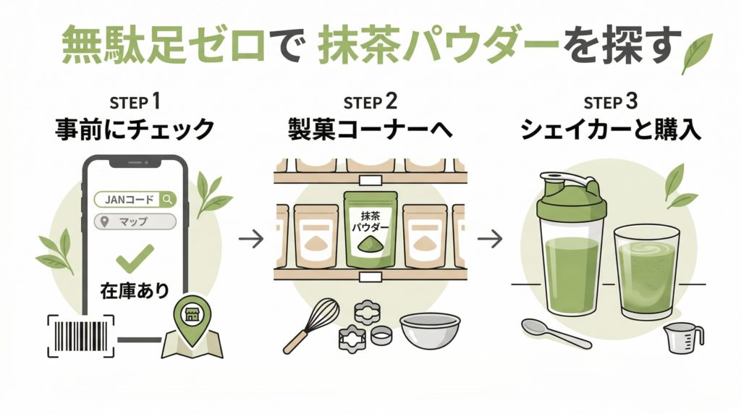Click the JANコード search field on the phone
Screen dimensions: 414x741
click(x=135, y=198)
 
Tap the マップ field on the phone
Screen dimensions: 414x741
click(x=135, y=221)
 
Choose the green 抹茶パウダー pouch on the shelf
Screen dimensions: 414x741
click(x=370, y=227)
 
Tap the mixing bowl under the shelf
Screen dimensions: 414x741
click(x=429, y=331)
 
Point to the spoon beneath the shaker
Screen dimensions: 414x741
click(x=556, y=332)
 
